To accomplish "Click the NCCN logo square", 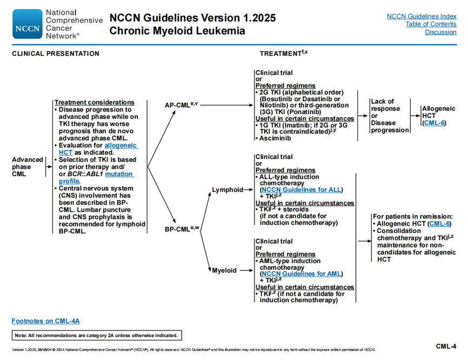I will pos(27,24).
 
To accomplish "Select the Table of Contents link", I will pos(431,24).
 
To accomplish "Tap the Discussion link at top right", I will pos(440,32).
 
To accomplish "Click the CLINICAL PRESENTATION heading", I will pos(56,54).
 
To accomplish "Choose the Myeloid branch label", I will pos(224,270).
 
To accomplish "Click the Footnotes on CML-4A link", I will pos(45,321).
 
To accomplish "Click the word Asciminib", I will pos(276,138).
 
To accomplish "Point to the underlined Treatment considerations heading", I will pos(95,102).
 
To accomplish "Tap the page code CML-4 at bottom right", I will pos(446,345).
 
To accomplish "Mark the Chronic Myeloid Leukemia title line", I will pos(177,31).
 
